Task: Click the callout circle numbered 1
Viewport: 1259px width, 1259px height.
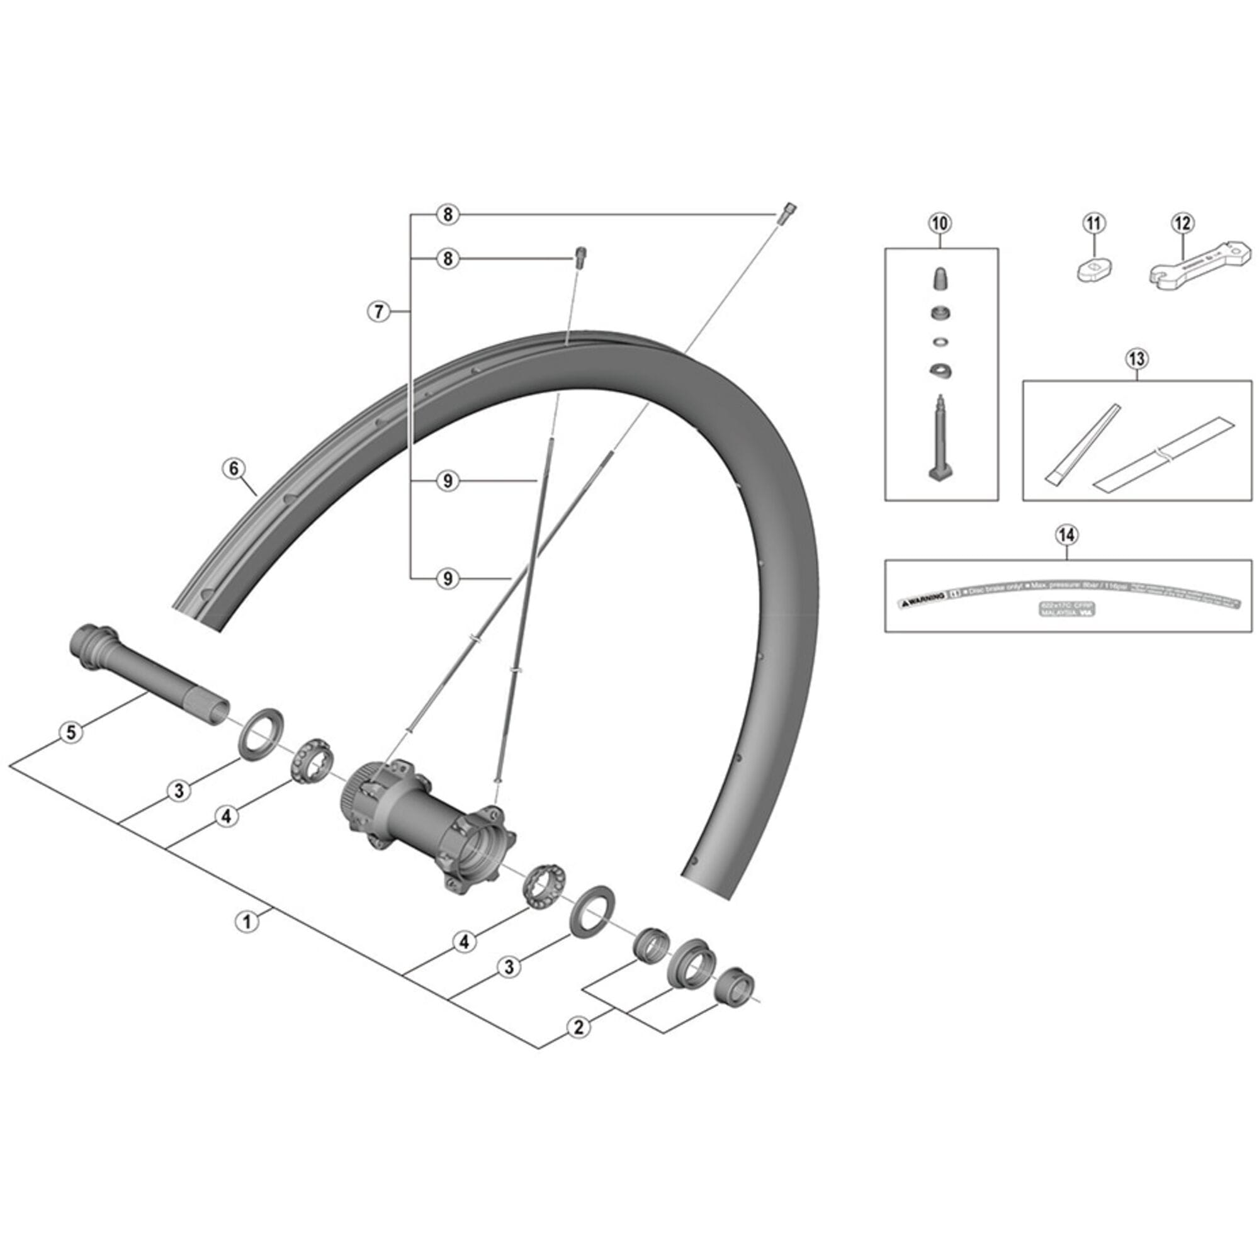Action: point(247,922)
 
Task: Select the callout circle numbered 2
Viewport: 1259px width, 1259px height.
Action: point(578,1028)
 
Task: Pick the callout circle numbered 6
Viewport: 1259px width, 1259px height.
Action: point(234,468)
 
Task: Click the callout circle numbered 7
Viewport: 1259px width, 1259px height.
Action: point(378,312)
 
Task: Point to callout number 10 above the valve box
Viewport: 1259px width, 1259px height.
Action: point(940,223)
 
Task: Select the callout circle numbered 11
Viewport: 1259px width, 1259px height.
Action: point(1095,223)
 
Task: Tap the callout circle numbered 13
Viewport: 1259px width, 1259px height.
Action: point(1136,358)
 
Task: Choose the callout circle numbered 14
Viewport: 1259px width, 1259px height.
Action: point(1067,535)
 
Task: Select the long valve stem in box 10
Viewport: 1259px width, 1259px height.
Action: point(940,443)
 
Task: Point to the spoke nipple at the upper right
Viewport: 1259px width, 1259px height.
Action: point(786,212)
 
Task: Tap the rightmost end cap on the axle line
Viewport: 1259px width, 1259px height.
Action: point(736,1001)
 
